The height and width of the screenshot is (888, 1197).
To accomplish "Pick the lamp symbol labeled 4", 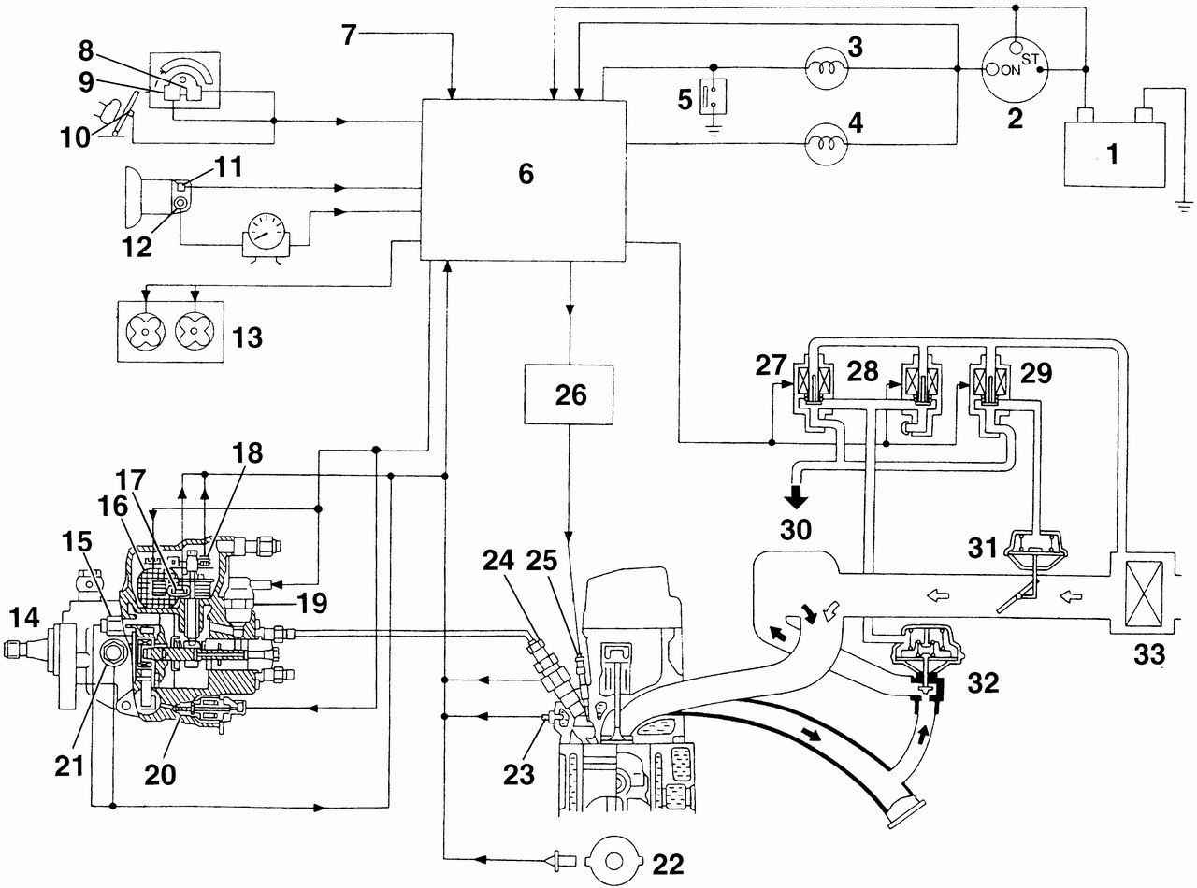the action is point(827,144).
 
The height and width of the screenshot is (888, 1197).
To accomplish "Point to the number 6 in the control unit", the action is point(526,174).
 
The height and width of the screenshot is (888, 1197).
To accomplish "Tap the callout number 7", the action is point(349,36).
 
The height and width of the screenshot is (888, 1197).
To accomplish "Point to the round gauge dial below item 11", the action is point(265,233).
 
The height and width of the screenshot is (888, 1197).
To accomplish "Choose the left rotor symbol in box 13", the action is point(145,330).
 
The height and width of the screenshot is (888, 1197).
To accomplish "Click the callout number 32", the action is point(983,683).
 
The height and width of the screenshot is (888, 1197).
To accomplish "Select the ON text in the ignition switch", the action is point(1011,70).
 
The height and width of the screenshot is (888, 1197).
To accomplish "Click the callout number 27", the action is point(771,365).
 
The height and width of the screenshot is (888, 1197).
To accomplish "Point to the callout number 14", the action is point(23,617).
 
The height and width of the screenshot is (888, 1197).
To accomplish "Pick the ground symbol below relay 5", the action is point(714,129).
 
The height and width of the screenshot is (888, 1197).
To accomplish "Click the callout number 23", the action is point(519,775).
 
